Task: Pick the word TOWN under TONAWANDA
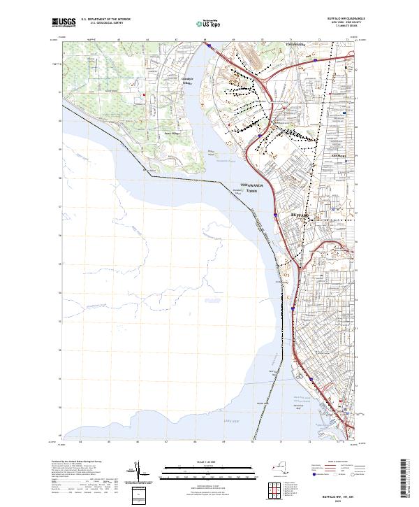249,190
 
